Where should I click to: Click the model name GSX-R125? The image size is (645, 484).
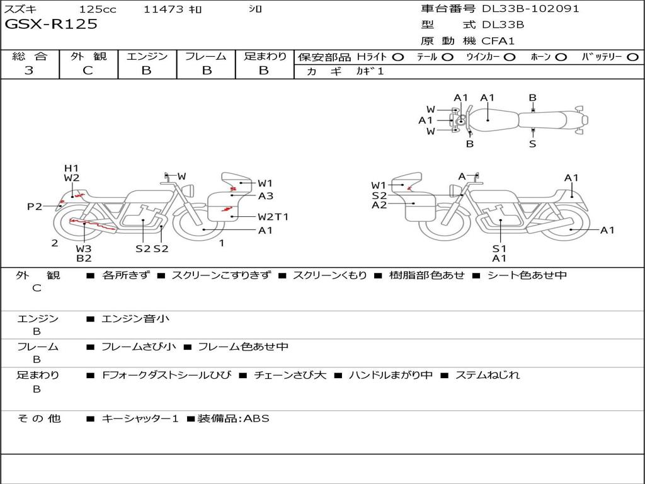[x=51, y=24]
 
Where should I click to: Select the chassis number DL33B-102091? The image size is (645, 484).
[x=530, y=8]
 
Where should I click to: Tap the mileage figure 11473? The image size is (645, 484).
[x=163, y=9]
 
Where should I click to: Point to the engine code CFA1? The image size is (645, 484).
[x=498, y=41]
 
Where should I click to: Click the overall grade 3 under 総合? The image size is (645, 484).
[x=29, y=70]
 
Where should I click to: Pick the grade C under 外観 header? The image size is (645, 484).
[x=88, y=70]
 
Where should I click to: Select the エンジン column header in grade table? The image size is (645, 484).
[x=147, y=56]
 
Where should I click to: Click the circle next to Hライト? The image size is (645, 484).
[x=398, y=57]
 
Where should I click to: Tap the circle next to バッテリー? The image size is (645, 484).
[x=632, y=57]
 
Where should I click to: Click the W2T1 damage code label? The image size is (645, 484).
[x=273, y=217]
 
